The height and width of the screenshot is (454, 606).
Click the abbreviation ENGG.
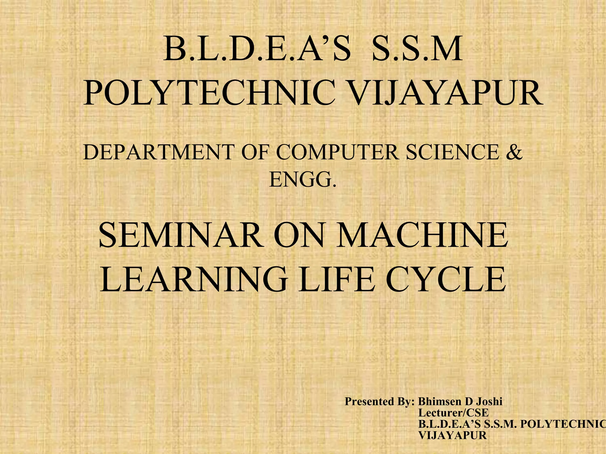(303, 180)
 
